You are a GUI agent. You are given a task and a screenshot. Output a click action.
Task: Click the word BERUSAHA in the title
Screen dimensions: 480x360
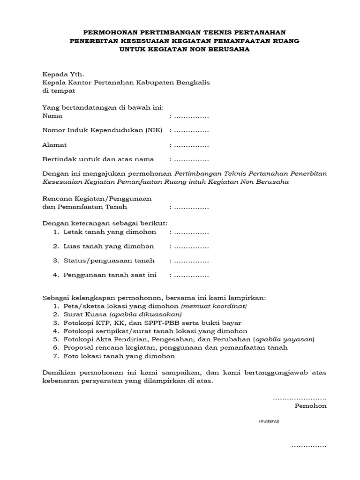pyautogui.click(x=223, y=49)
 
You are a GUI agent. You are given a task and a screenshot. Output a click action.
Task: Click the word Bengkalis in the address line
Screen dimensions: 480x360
pyautogui.click(x=193, y=82)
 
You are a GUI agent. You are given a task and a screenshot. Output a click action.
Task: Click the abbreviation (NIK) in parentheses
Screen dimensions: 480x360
pyautogui.click(x=154, y=130)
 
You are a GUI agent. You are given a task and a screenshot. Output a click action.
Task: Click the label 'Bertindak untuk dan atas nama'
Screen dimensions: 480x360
pyautogui.click(x=98, y=159)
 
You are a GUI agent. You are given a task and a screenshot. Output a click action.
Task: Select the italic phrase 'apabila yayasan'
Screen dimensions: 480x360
pyautogui.click(x=284, y=339)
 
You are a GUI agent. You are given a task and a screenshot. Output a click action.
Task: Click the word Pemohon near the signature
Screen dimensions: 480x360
pyautogui.click(x=310, y=406)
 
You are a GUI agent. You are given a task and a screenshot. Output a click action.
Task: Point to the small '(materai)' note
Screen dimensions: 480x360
pyautogui.click(x=269, y=421)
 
